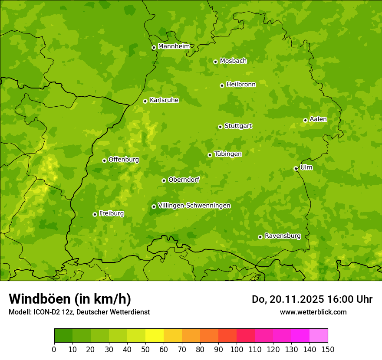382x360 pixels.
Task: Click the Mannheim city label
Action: coord(174,46)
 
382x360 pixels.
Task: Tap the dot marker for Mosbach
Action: coord(215,62)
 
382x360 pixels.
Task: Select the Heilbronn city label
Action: coord(241,84)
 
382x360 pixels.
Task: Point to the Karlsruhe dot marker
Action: coord(145,101)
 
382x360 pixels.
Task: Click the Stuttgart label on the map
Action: coord(238,126)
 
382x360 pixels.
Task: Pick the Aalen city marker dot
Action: coord(305,120)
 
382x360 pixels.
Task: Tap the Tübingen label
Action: coord(228,154)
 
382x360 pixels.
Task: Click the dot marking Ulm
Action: coord(296,168)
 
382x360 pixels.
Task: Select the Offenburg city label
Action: coord(124,159)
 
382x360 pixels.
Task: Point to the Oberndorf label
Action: coord(184,180)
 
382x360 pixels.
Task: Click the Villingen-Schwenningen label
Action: coord(194,206)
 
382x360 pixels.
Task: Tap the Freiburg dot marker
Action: coord(95,214)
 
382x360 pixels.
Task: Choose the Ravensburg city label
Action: coord(283,236)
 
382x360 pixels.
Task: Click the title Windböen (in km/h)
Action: coord(70,299)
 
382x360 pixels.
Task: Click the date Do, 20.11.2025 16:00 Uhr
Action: coord(312,299)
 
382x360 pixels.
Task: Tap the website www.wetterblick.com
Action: coord(313,312)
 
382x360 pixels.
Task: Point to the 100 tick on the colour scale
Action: coord(237,349)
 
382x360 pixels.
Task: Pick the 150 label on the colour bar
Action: coord(328,349)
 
